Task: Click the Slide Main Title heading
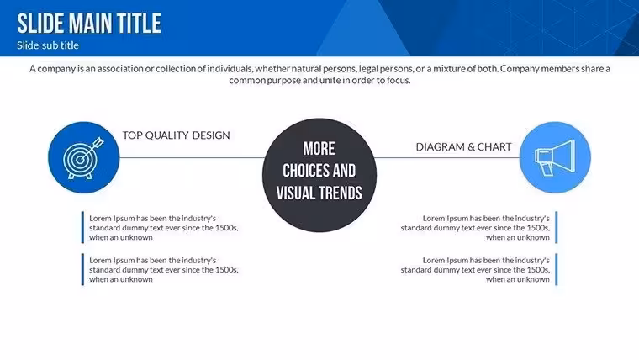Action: coord(89,23)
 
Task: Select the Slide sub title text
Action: coord(48,45)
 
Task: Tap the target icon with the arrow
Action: coord(83,158)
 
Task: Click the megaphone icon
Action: coord(555,158)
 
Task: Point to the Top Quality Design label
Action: coord(176,135)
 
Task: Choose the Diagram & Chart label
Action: coord(463,146)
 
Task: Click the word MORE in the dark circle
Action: coord(319,149)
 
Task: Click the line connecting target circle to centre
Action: coord(192,158)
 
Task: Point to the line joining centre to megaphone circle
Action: coord(446,158)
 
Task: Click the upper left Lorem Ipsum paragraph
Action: coord(163,228)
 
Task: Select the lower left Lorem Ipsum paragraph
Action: coord(163,270)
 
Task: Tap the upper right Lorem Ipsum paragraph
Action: coord(475,228)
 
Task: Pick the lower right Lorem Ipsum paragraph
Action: coord(475,270)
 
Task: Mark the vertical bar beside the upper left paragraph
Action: coord(82,227)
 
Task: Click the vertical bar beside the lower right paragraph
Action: coord(557,269)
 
